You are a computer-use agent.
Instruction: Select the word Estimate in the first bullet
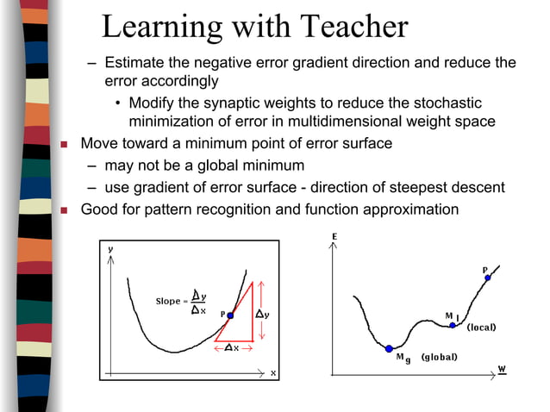click(134, 63)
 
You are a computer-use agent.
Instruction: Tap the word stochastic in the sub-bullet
click(458, 103)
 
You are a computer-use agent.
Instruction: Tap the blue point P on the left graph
click(230, 315)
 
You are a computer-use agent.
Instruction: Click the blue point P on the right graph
click(487, 278)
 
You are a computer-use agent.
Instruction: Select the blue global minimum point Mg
click(389, 349)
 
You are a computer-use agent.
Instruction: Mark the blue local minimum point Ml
click(453, 325)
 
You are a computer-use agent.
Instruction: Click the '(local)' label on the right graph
click(481, 328)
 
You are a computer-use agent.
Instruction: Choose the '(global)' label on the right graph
click(439, 357)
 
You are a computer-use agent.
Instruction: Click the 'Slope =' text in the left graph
click(169, 301)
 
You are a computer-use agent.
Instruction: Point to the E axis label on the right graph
click(334, 236)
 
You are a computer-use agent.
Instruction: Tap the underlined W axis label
click(502, 370)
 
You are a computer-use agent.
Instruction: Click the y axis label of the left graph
click(109, 248)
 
